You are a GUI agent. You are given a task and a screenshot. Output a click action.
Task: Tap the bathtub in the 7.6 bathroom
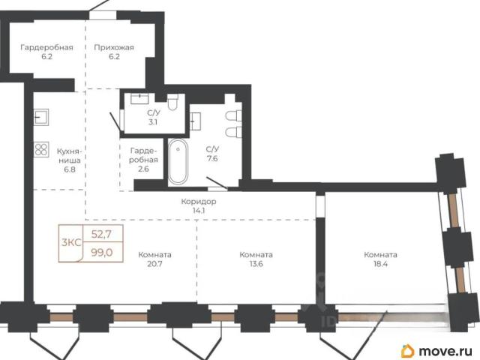(x=178, y=161)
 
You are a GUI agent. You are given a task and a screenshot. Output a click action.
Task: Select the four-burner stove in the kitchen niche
(x=41, y=150)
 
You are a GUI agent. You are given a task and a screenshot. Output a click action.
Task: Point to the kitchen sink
(x=41, y=117)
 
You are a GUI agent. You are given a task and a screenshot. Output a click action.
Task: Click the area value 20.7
(x=154, y=264)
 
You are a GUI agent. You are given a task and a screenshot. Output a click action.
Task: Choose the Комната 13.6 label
(x=256, y=259)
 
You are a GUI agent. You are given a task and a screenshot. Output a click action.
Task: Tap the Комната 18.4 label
(x=380, y=259)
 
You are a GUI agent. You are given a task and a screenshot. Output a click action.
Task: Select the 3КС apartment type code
(x=71, y=243)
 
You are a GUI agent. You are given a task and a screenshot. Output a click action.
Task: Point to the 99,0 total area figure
(x=102, y=253)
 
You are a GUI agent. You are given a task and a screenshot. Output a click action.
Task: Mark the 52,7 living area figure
(x=102, y=235)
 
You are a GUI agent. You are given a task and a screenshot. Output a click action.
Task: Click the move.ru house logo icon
(x=407, y=350)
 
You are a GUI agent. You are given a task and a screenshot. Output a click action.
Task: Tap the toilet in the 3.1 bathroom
(x=172, y=102)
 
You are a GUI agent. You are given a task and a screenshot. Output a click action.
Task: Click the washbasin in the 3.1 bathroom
(x=140, y=98)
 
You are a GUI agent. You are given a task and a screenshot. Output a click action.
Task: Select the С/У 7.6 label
(x=212, y=154)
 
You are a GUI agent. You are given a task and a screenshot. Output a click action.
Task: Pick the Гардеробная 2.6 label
(x=143, y=160)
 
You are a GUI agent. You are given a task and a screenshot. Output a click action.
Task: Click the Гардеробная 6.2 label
(x=46, y=52)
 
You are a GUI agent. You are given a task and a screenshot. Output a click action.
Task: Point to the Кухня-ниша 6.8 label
(x=69, y=160)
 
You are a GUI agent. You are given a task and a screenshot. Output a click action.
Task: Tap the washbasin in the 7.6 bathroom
(x=195, y=121)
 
